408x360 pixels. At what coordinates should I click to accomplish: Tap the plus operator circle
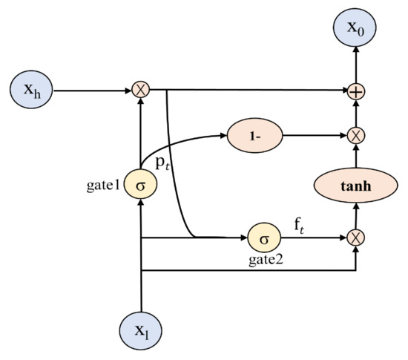[x=357, y=91]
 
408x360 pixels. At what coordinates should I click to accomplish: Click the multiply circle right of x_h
[x=140, y=91]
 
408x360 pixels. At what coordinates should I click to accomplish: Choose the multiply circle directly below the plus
[x=357, y=136]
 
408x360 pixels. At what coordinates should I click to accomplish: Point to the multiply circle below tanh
[x=357, y=238]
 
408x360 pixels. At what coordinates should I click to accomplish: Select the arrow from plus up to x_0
[x=357, y=63]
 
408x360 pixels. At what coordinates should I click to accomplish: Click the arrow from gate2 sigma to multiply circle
[x=312, y=238]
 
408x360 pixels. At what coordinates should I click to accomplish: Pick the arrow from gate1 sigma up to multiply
[x=140, y=134]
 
